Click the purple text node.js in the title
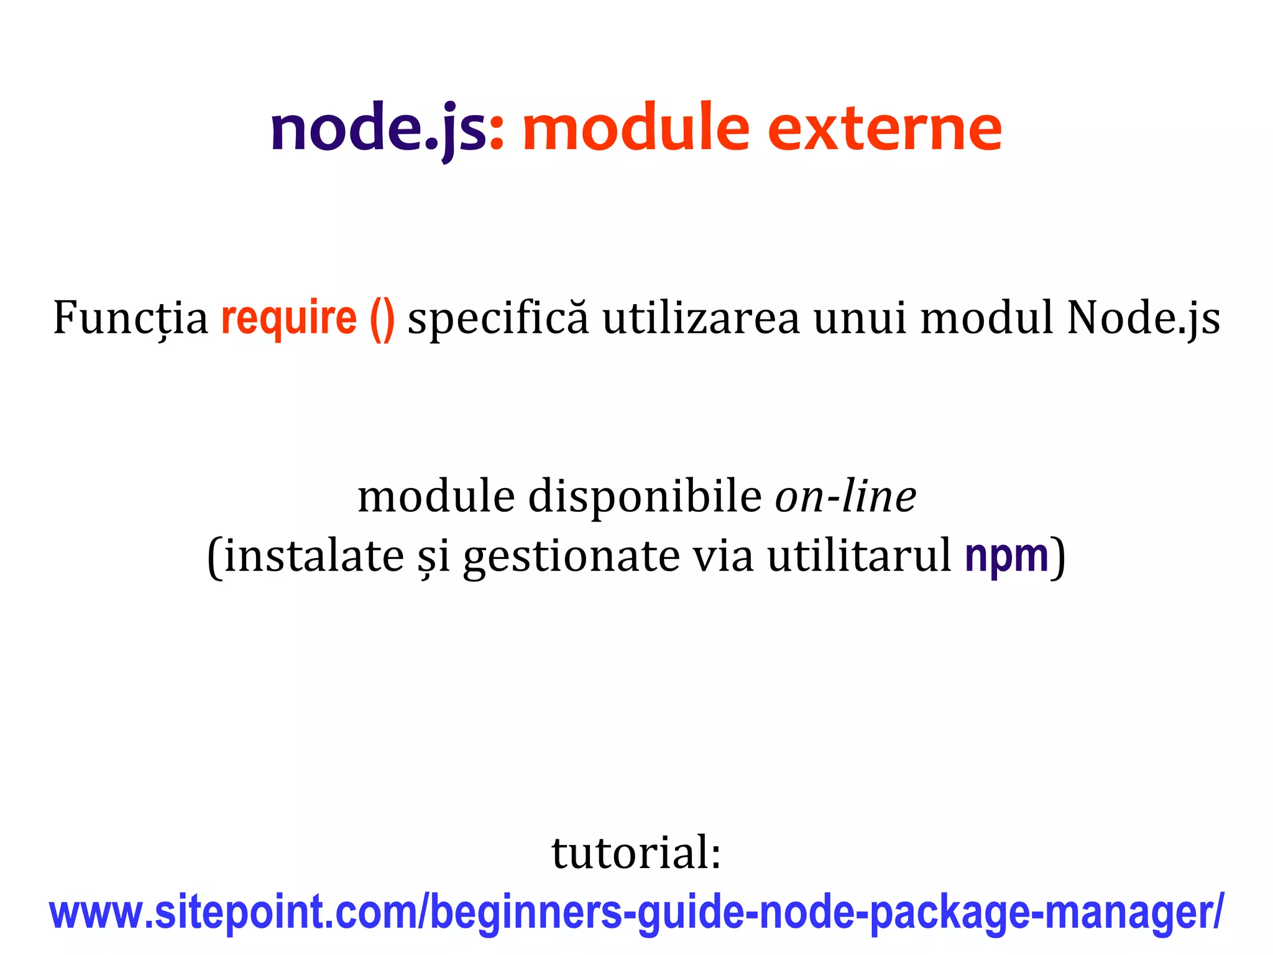(x=378, y=129)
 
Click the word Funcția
(x=131, y=318)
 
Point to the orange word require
(x=289, y=318)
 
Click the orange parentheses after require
(x=382, y=320)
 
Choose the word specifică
(x=497, y=318)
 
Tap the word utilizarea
(x=701, y=318)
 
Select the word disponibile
(x=645, y=497)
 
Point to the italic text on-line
(x=845, y=497)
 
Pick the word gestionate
(x=571, y=557)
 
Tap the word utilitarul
(x=859, y=556)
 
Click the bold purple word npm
(x=1006, y=557)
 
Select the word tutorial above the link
(x=635, y=852)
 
